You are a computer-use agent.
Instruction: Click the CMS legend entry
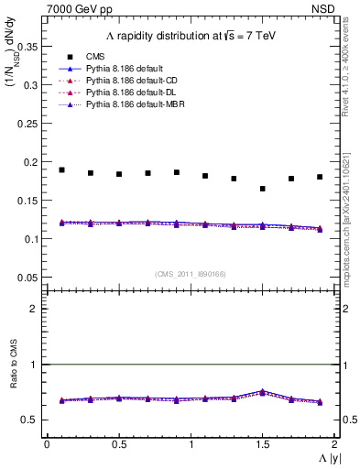[95, 56]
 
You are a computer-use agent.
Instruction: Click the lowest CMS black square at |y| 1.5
[263, 189]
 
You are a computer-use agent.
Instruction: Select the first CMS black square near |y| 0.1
[61, 169]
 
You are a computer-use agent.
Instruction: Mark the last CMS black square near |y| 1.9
[320, 177]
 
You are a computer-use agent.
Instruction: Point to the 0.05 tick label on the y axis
[28, 278]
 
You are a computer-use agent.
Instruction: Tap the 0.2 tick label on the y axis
[31, 162]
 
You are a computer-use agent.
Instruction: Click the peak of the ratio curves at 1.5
[263, 391]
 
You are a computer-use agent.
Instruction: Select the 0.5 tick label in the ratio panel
[31, 420]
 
